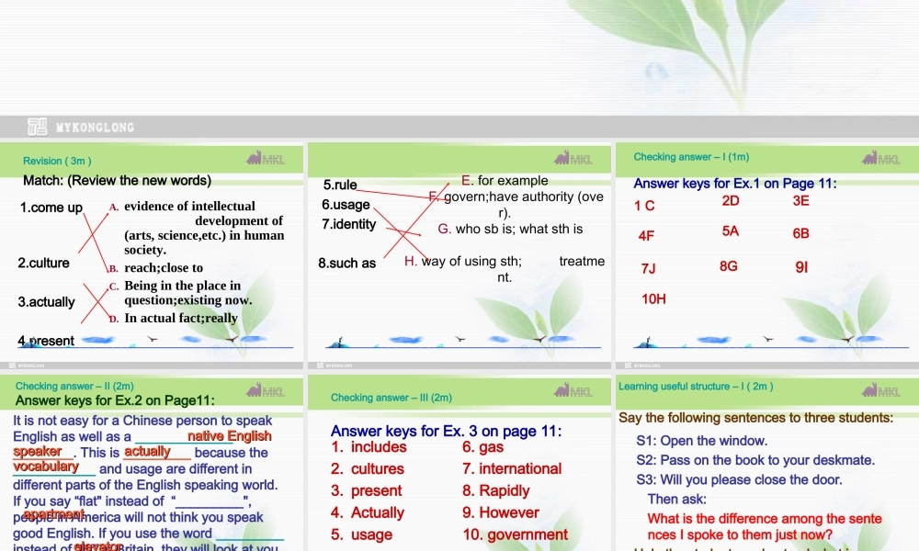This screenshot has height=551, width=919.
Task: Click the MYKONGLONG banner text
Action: [x=95, y=128]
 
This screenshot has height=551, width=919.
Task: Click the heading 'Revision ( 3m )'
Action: [x=57, y=161]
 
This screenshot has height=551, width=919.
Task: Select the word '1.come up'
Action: [x=51, y=208]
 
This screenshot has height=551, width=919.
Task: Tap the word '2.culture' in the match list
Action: [x=44, y=263]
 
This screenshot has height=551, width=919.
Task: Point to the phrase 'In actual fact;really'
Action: [x=181, y=318]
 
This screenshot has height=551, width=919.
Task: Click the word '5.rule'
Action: [x=340, y=185]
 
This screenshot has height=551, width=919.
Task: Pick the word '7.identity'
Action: [x=348, y=224]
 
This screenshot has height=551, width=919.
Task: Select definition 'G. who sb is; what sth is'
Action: [x=510, y=229]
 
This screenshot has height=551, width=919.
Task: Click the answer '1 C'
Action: [x=644, y=206]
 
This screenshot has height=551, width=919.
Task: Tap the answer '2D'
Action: [x=731, y=200]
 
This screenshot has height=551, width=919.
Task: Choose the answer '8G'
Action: [x=729, y=266]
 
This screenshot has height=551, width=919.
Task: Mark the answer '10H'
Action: [x=653, y=298]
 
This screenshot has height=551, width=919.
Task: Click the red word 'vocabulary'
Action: [x=46, y=467]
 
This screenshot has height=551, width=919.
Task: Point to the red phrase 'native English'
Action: [x=229, y=436]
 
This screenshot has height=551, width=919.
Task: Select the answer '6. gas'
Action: [x=483, y=447]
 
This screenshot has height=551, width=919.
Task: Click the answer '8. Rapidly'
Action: [x=496, y=490]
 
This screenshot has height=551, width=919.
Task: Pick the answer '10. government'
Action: [x=515, y=534]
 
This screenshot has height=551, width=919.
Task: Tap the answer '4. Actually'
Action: [x=368, y=512]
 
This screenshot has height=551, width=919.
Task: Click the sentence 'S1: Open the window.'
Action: [x=701, y=441]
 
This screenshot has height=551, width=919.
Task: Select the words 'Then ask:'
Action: [x=677, y=499]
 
